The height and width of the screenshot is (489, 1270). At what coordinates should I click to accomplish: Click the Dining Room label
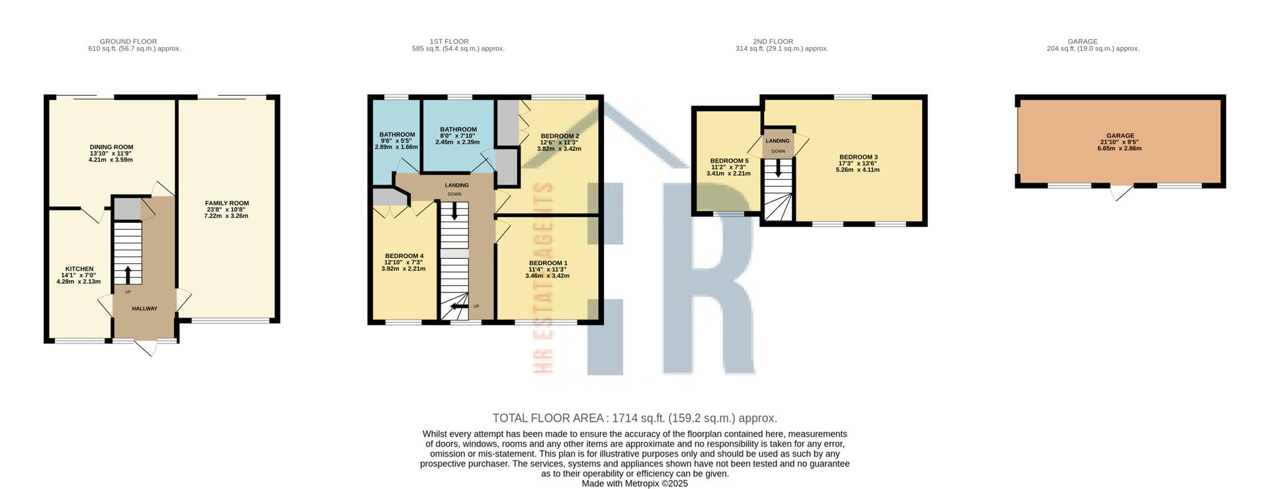coord(111,147)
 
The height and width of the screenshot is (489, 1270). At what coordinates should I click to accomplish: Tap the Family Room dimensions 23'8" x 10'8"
coord(226,210)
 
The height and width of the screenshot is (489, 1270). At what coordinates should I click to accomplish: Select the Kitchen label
coord(79,269)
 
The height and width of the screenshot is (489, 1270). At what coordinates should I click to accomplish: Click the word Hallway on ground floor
coord(144,308)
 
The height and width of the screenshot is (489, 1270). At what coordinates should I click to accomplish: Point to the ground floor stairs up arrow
coord(128,275)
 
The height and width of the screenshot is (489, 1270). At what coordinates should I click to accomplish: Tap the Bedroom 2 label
coord(559,136)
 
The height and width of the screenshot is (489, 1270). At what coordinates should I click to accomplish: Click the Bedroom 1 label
coord(548,263)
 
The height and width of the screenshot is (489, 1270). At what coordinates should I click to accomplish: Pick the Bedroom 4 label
coord(403,256)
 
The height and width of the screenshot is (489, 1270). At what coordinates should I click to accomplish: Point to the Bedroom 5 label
coord(729,161)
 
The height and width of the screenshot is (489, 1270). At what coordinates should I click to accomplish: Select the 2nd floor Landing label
coord(777,141)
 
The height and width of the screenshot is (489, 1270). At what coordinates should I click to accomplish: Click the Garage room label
coord(1120,136)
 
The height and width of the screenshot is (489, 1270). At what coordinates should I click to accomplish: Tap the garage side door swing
coord(1122,193)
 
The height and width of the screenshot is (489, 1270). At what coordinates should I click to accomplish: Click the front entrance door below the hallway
coord(146,347)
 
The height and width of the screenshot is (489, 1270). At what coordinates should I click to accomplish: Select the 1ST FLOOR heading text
coord(458,42)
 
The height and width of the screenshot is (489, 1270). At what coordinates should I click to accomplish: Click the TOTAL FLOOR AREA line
coord(634,418)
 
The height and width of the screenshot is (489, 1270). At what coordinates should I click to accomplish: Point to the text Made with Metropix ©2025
coord(634,484)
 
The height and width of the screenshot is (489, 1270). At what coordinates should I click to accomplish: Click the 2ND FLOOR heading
coord(782,42)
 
